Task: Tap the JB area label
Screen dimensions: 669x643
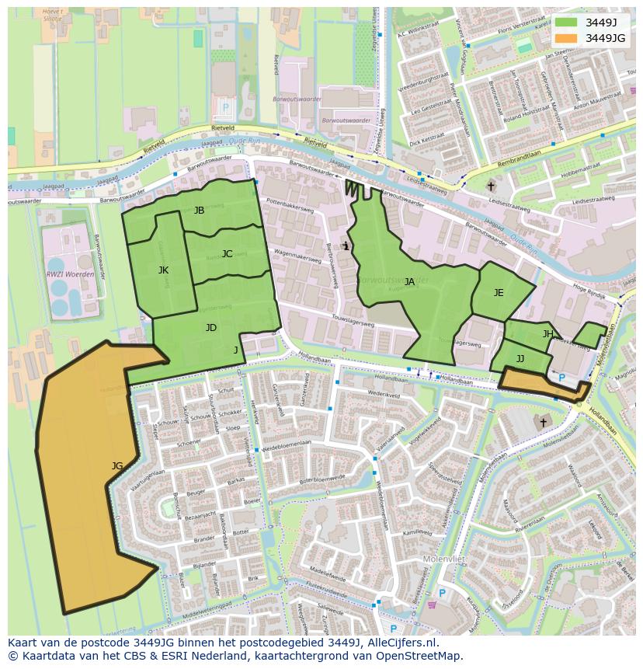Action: pyautogui.click(x=199, y=211)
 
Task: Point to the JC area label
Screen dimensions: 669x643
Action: pyautogui.click(x=227, y=254)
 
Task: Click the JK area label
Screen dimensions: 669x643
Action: pyautogui.click(x=163, y=270)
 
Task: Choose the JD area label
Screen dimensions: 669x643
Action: pyautogui.click(x=211, y=328)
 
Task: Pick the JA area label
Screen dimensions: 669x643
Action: pyautogui.click(x=409, y=282)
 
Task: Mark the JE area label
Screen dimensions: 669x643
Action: pyautogui.click(x=499, y=293)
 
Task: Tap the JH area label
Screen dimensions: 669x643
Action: pyautogui.click(x=548, y=334)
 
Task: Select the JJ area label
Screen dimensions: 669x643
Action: pyautogui.click(x=520, y=359)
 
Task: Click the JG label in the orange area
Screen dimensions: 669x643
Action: pyautogui.click(x=117, y=466)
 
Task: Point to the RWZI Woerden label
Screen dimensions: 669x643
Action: pyautogui.click(x=71, y=274)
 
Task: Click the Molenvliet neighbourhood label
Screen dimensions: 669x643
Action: pyautogui.click(x=443, y=559)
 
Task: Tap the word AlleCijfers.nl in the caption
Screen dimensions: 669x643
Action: pyautogui.click(x=400, y=643)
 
